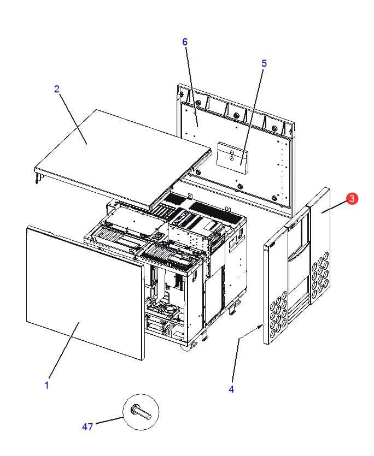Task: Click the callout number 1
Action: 46,386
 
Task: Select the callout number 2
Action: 57,89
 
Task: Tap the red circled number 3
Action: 352,198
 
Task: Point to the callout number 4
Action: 231,389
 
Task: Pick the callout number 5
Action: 264,63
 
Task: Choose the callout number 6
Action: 185,42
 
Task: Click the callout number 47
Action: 87,427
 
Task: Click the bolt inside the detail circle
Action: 141,412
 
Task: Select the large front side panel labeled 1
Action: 85,292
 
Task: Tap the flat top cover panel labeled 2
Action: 122,154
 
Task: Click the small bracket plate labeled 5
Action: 232,158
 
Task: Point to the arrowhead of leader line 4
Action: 260,327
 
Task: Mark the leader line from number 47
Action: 109,421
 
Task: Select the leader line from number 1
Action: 64,350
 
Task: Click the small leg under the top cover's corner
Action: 37,178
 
